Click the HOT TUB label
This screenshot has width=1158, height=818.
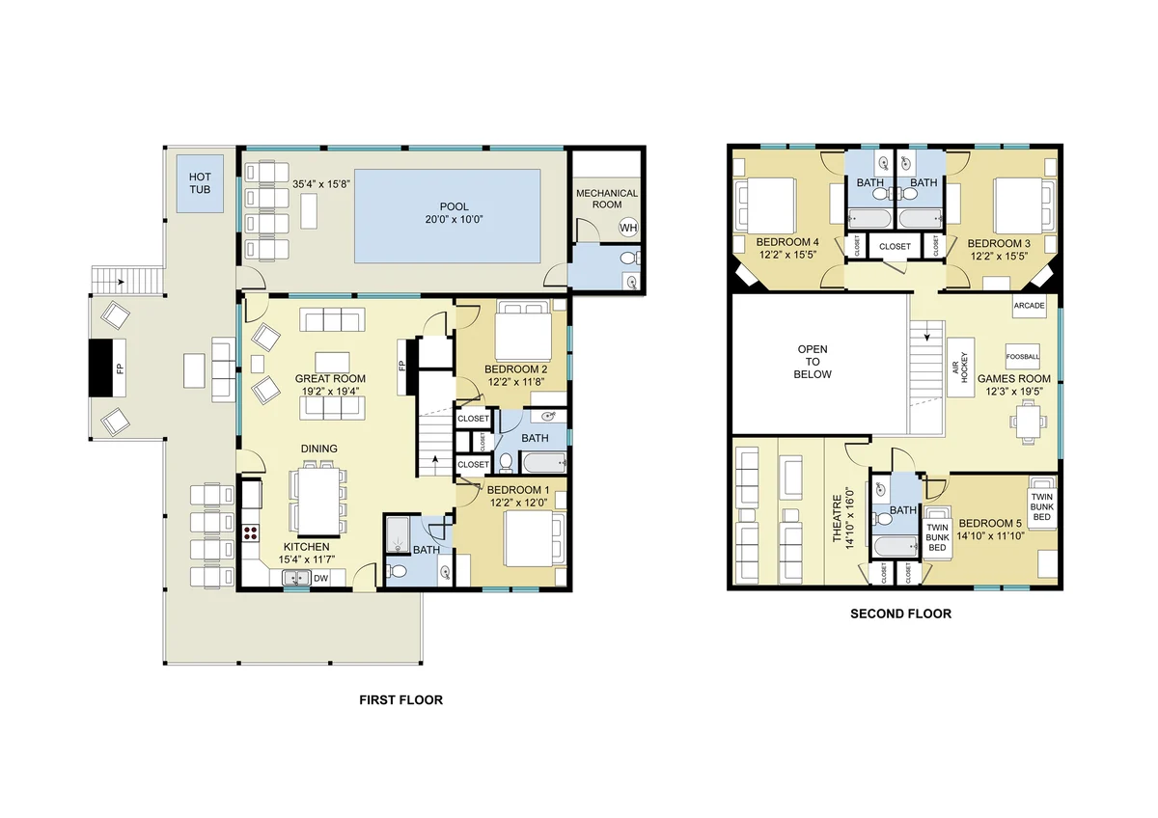200,183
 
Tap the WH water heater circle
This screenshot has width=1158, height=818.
628,228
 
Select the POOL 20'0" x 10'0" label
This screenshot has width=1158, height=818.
454,213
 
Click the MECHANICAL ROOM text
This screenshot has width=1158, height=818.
607,199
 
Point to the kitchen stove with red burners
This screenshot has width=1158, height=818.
251,532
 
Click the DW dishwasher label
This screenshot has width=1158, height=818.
320,578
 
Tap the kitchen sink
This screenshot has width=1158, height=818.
296,578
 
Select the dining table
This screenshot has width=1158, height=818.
319,502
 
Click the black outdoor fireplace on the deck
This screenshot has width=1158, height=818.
100,368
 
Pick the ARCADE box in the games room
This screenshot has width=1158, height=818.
1029,306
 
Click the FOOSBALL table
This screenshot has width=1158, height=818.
1023,357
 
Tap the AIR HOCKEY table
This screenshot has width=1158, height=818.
960,368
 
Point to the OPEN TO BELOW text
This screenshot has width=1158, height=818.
813,362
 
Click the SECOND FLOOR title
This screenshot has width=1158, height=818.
900,613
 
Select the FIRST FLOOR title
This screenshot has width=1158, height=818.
401,700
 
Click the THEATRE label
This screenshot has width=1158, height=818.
837,519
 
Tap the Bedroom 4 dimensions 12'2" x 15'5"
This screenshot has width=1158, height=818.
787,255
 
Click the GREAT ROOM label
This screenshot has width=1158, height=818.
330,379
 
